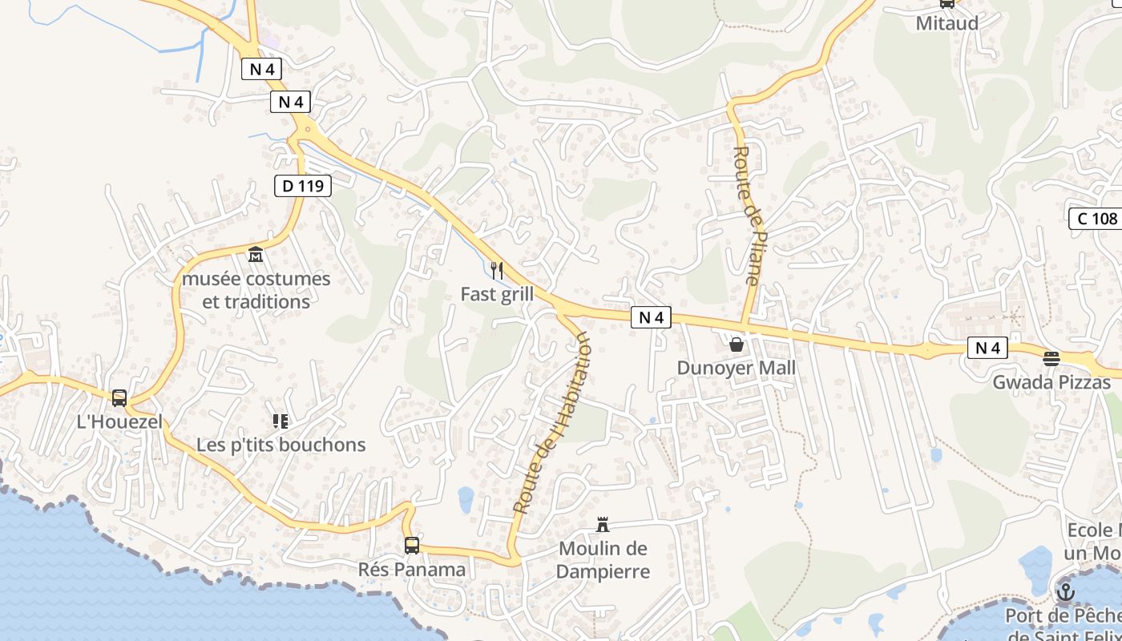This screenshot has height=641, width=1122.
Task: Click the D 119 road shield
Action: pyautogui.click(x=302, y=186)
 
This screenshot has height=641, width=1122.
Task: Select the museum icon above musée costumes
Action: pyautogui.click(x=256, y=255)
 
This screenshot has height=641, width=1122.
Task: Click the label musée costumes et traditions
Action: pyautogui.click(x=256, y=290)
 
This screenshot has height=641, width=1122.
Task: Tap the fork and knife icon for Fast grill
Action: pyautogui.click(x=497, y=271)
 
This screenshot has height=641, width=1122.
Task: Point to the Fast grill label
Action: pyautogui.click(x=497, y=294)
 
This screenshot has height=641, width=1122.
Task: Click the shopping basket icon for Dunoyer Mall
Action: pyautogui.click(x=736, y=345)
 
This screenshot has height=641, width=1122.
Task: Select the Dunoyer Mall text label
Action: pyautogui.click(x=737, y=368)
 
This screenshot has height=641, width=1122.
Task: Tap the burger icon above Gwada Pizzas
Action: pyautogui.click(x=1051, y=358)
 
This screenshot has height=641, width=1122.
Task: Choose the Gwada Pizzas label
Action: pyautogui.click(x=1051, y=382)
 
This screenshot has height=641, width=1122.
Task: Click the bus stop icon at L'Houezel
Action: pyautogui.click(x=119, y=397)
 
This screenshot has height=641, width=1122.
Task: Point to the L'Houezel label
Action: pyautogui.click(x=119, y=421)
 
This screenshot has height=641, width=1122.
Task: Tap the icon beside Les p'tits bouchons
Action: pyautogui.click(x=280, y=421)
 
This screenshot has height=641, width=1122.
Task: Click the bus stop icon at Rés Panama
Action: pyautogui.click(x=411, y=546)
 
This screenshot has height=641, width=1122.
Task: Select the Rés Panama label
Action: pyautogui.click(x=411, y=570)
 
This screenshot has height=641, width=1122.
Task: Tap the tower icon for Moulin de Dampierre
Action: pyautogui.click(x=603, y=525)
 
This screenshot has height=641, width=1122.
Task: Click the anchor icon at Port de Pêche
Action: pyautogui.click(x=1065, y=592)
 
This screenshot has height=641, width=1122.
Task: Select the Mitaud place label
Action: pyautogui.click(x=947, y=23)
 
